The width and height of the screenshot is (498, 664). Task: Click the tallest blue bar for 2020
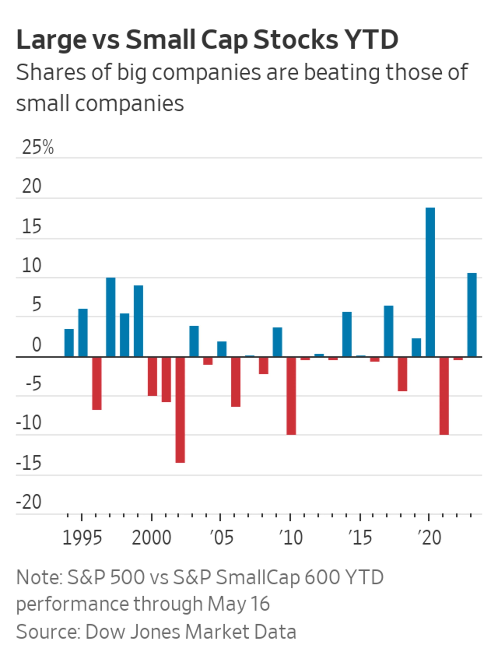(430, 282)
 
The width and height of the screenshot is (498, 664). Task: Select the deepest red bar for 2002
(180, 410)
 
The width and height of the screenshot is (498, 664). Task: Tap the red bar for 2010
(291, 396)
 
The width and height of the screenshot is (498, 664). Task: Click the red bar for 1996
(97, 383)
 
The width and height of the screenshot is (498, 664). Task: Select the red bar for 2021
(444, 396)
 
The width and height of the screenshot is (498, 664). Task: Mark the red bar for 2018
(402, 374)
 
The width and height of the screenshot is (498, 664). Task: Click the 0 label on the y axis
(36, 345)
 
